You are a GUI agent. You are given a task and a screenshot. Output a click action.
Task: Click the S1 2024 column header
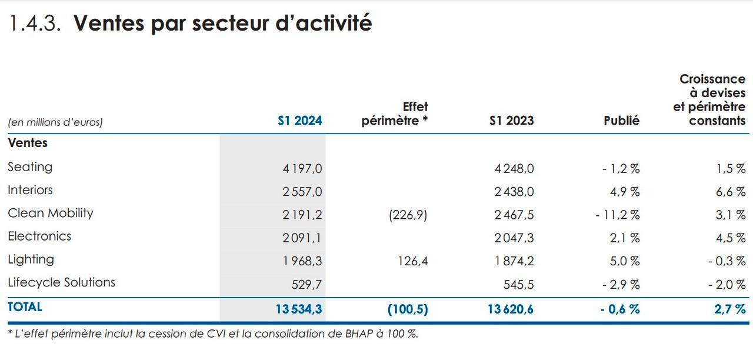[x=300, y=121]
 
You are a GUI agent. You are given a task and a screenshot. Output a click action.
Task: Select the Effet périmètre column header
[x=395, y=114]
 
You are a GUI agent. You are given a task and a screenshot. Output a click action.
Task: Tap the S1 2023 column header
[x=512, y=121]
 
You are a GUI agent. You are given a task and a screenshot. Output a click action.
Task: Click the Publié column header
[x=621, y=121]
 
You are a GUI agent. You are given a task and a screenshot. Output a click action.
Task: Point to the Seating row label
[x=30, y=167]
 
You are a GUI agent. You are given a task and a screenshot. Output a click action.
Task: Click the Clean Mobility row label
[x=51, y=213]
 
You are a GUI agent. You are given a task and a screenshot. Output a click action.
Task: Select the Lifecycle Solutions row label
[x=61, y=282]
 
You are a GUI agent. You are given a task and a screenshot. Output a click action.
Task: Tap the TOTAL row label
[x=25, y=307]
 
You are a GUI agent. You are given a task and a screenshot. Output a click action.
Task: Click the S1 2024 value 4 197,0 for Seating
[x=302, y=169]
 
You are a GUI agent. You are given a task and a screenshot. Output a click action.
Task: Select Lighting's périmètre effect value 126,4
[x=413, y=261]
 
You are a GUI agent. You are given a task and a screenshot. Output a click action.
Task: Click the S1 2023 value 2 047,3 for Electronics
[x=514, y=238]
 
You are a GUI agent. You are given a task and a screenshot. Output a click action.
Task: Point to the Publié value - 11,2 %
[x=617, y=215]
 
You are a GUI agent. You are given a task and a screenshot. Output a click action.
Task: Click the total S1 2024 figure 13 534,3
[x=299, y=309]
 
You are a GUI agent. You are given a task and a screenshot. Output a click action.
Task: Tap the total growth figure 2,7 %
[x=730, y=309]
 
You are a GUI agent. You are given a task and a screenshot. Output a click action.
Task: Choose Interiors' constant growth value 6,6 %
[x=731, y=192]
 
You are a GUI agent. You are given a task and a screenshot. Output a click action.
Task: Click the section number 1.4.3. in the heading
[x=35, y=23]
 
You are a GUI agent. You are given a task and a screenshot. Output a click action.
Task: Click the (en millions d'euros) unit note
[x=55, y=122]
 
